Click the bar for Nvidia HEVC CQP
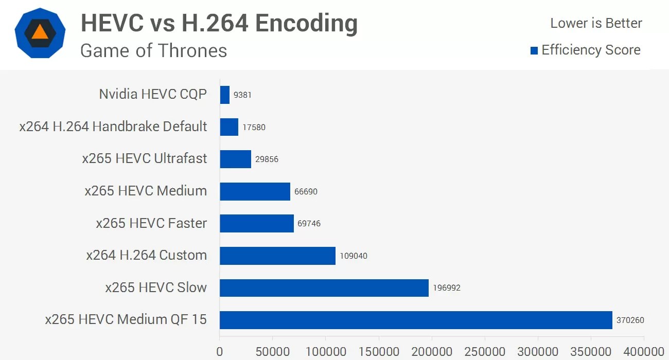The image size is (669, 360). [x=224, y=95]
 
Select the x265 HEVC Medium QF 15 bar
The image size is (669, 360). [x=416, y=320]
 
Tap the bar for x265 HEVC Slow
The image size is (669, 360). [x=324, y=288]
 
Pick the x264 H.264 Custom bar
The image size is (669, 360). [x=277, y=256]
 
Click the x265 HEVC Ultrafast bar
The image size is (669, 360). [x=235, y=159]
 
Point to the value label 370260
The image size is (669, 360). [x=630, y=320]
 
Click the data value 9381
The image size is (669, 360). [x=242, y=95]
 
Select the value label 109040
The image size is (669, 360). [x=354, y=256]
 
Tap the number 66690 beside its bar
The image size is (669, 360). [x=306, y=191]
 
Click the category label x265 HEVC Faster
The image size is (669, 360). [x=151, y=223]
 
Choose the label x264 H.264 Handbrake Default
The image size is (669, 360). [x=113, y=127]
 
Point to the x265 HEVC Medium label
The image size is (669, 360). [x=146, y=191]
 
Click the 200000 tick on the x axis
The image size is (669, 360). [x=432, y=352]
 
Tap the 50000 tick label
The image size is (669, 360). [x=273, y=352]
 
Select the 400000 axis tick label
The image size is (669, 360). [x=644, y=352]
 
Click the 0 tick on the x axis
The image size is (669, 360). [x=220, y=352]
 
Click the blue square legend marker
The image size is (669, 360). [x=534, y=50]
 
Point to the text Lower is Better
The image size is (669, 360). [x=596, y=23]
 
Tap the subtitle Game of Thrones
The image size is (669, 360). [x=153, y=50]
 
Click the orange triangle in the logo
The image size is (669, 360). [x=40, y=32]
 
